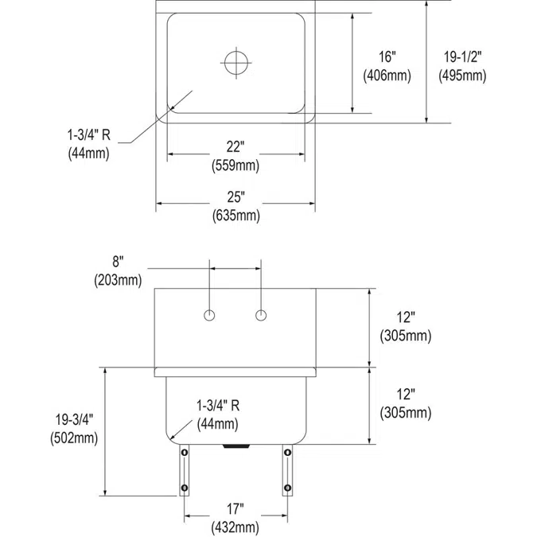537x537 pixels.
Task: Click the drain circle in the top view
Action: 235,61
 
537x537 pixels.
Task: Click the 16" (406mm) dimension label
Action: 386,66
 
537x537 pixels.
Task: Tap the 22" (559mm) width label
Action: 235,157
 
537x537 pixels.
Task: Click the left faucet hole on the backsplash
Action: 209,316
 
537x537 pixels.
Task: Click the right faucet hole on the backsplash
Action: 260,316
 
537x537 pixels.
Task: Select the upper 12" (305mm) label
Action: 406,327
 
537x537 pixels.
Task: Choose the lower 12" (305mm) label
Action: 406,403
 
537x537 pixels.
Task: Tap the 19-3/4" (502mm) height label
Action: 74,427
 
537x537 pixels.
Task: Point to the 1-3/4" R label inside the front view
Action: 216,414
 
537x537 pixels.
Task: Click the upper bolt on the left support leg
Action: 185,453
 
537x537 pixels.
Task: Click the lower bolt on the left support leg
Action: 185,487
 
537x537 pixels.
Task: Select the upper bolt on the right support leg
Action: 286,453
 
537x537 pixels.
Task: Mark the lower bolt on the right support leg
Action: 286,487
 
